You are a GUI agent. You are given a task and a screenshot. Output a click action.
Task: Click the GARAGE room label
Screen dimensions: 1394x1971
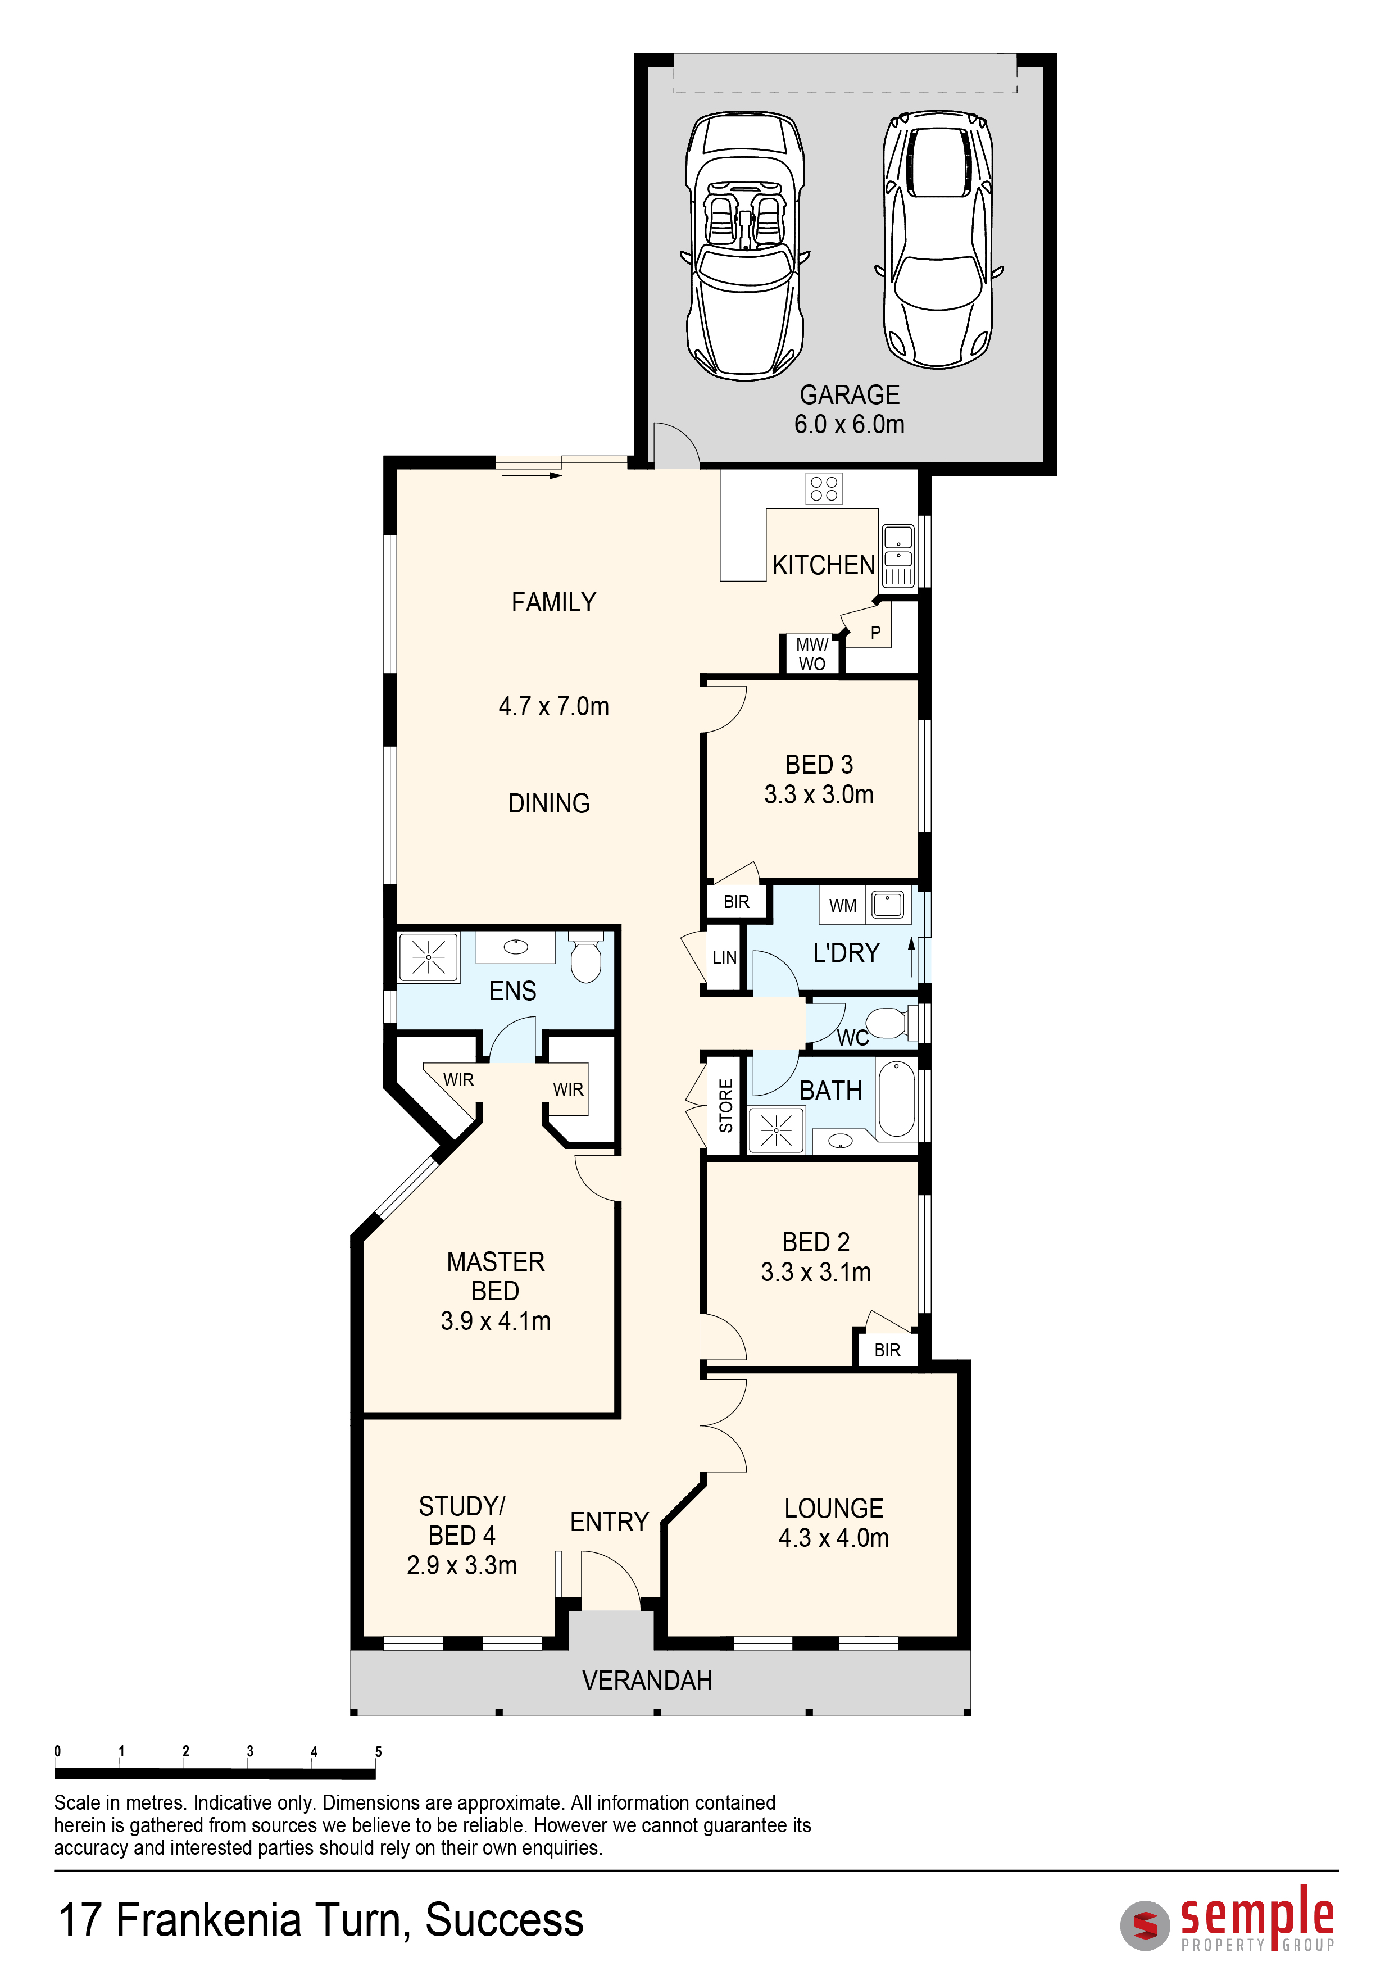(x=849, y=395)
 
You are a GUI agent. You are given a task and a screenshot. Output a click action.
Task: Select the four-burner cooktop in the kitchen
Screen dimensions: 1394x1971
(x=824, y=488)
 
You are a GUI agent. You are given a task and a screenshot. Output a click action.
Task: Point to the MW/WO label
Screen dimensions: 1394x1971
(x=812, y=654)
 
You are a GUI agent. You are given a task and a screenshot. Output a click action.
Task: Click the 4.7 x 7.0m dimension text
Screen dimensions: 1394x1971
(x=553, y=706)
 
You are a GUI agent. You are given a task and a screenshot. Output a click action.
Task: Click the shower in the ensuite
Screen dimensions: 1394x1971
(x=428, y=956)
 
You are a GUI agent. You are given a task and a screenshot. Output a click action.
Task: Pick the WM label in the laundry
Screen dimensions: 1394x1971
(x=843, y=906)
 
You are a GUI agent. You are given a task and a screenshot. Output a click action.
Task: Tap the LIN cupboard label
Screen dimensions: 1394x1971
(x=724, y=957)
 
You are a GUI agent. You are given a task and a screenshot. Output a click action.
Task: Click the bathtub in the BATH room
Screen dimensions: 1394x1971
(x=897, y=1099)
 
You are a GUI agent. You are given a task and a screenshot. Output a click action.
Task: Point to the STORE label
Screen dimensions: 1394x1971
(x=726, y=1106)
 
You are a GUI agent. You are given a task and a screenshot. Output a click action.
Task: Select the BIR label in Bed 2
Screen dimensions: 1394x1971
(x=888, y=1350)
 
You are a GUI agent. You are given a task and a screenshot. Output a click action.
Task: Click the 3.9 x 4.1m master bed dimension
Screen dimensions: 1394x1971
(x=495, y=1321)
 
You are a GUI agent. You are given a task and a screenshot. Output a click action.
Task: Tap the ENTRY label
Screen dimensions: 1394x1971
(x=610, y=1522)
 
